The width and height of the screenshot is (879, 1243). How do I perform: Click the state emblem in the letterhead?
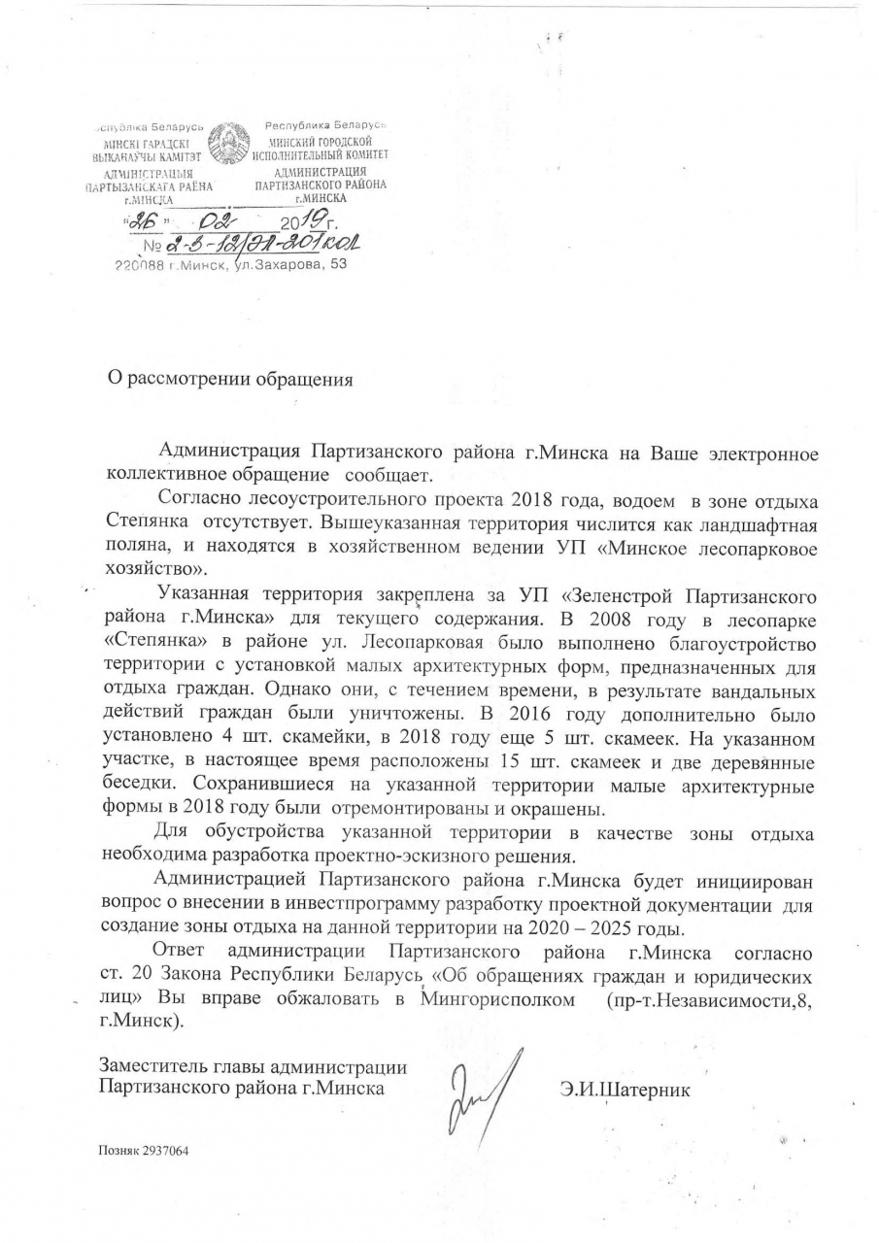pos(229,145)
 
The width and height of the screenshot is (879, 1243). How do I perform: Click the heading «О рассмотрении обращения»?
pos(229,379)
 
